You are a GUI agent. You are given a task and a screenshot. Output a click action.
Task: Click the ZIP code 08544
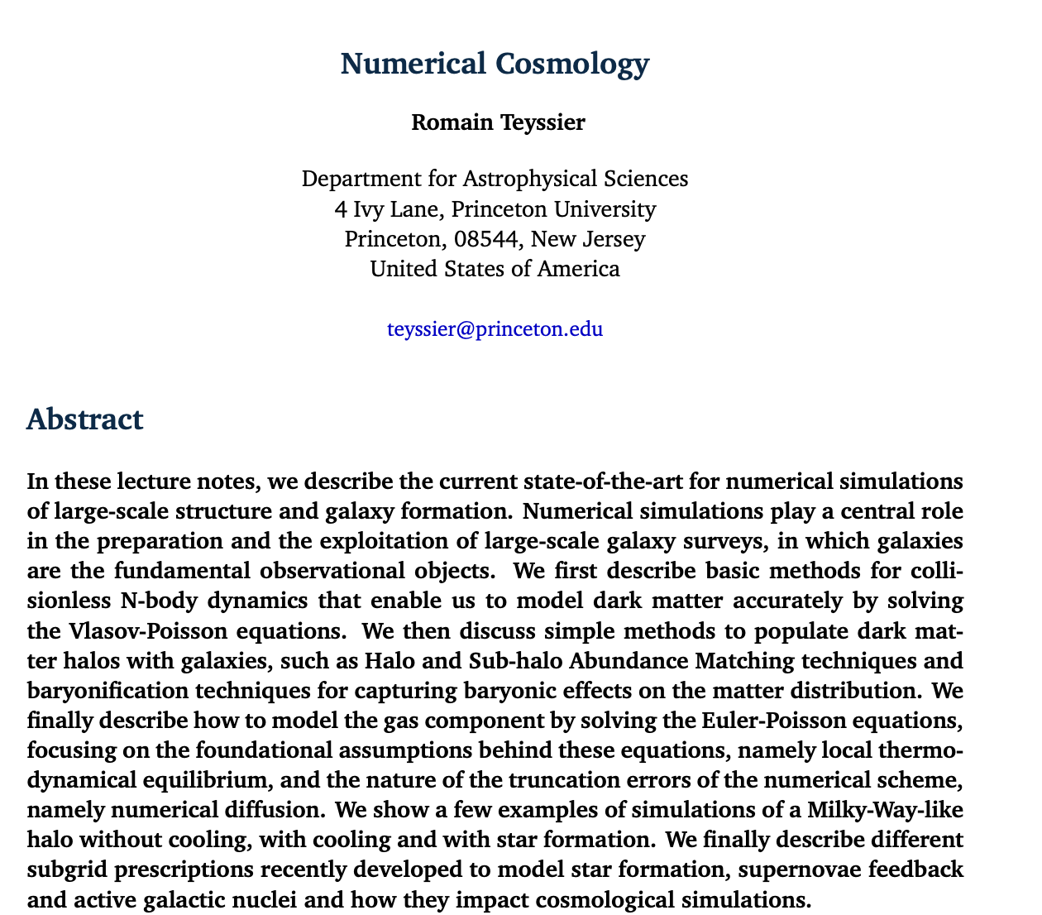pyautogui.click(x=487, y=240)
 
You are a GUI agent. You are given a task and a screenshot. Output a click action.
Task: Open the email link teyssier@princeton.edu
pyautogui.click(x=495, y=329)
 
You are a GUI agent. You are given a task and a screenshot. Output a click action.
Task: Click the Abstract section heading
pyautogui.click(x=84, y=419)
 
